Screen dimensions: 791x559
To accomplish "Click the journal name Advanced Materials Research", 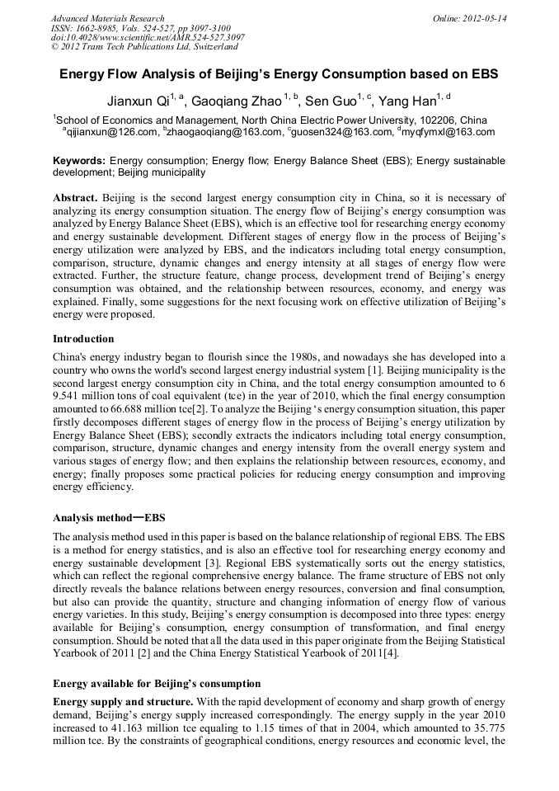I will [x=107, y=18].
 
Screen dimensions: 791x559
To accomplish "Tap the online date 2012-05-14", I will [x=486, y=18].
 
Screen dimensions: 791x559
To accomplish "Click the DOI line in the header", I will [x=148, y=37].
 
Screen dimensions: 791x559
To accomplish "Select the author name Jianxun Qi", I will [x=138, y=102].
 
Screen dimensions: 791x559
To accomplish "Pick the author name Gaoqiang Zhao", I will [x=236, y=102].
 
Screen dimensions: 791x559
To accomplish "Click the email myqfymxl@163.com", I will [x=449, y=132].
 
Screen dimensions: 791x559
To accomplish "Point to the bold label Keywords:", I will [x=79, y=160].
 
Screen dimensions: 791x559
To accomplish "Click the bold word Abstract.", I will [x=76, y=199].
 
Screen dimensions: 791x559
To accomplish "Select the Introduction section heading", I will [x=83, y=339].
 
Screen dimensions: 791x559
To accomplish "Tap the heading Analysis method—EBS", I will [x=109, y=518].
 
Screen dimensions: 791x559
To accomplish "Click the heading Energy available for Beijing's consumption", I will [x=157, y=684].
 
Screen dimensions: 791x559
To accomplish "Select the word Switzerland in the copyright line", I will [x=214, y=47].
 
